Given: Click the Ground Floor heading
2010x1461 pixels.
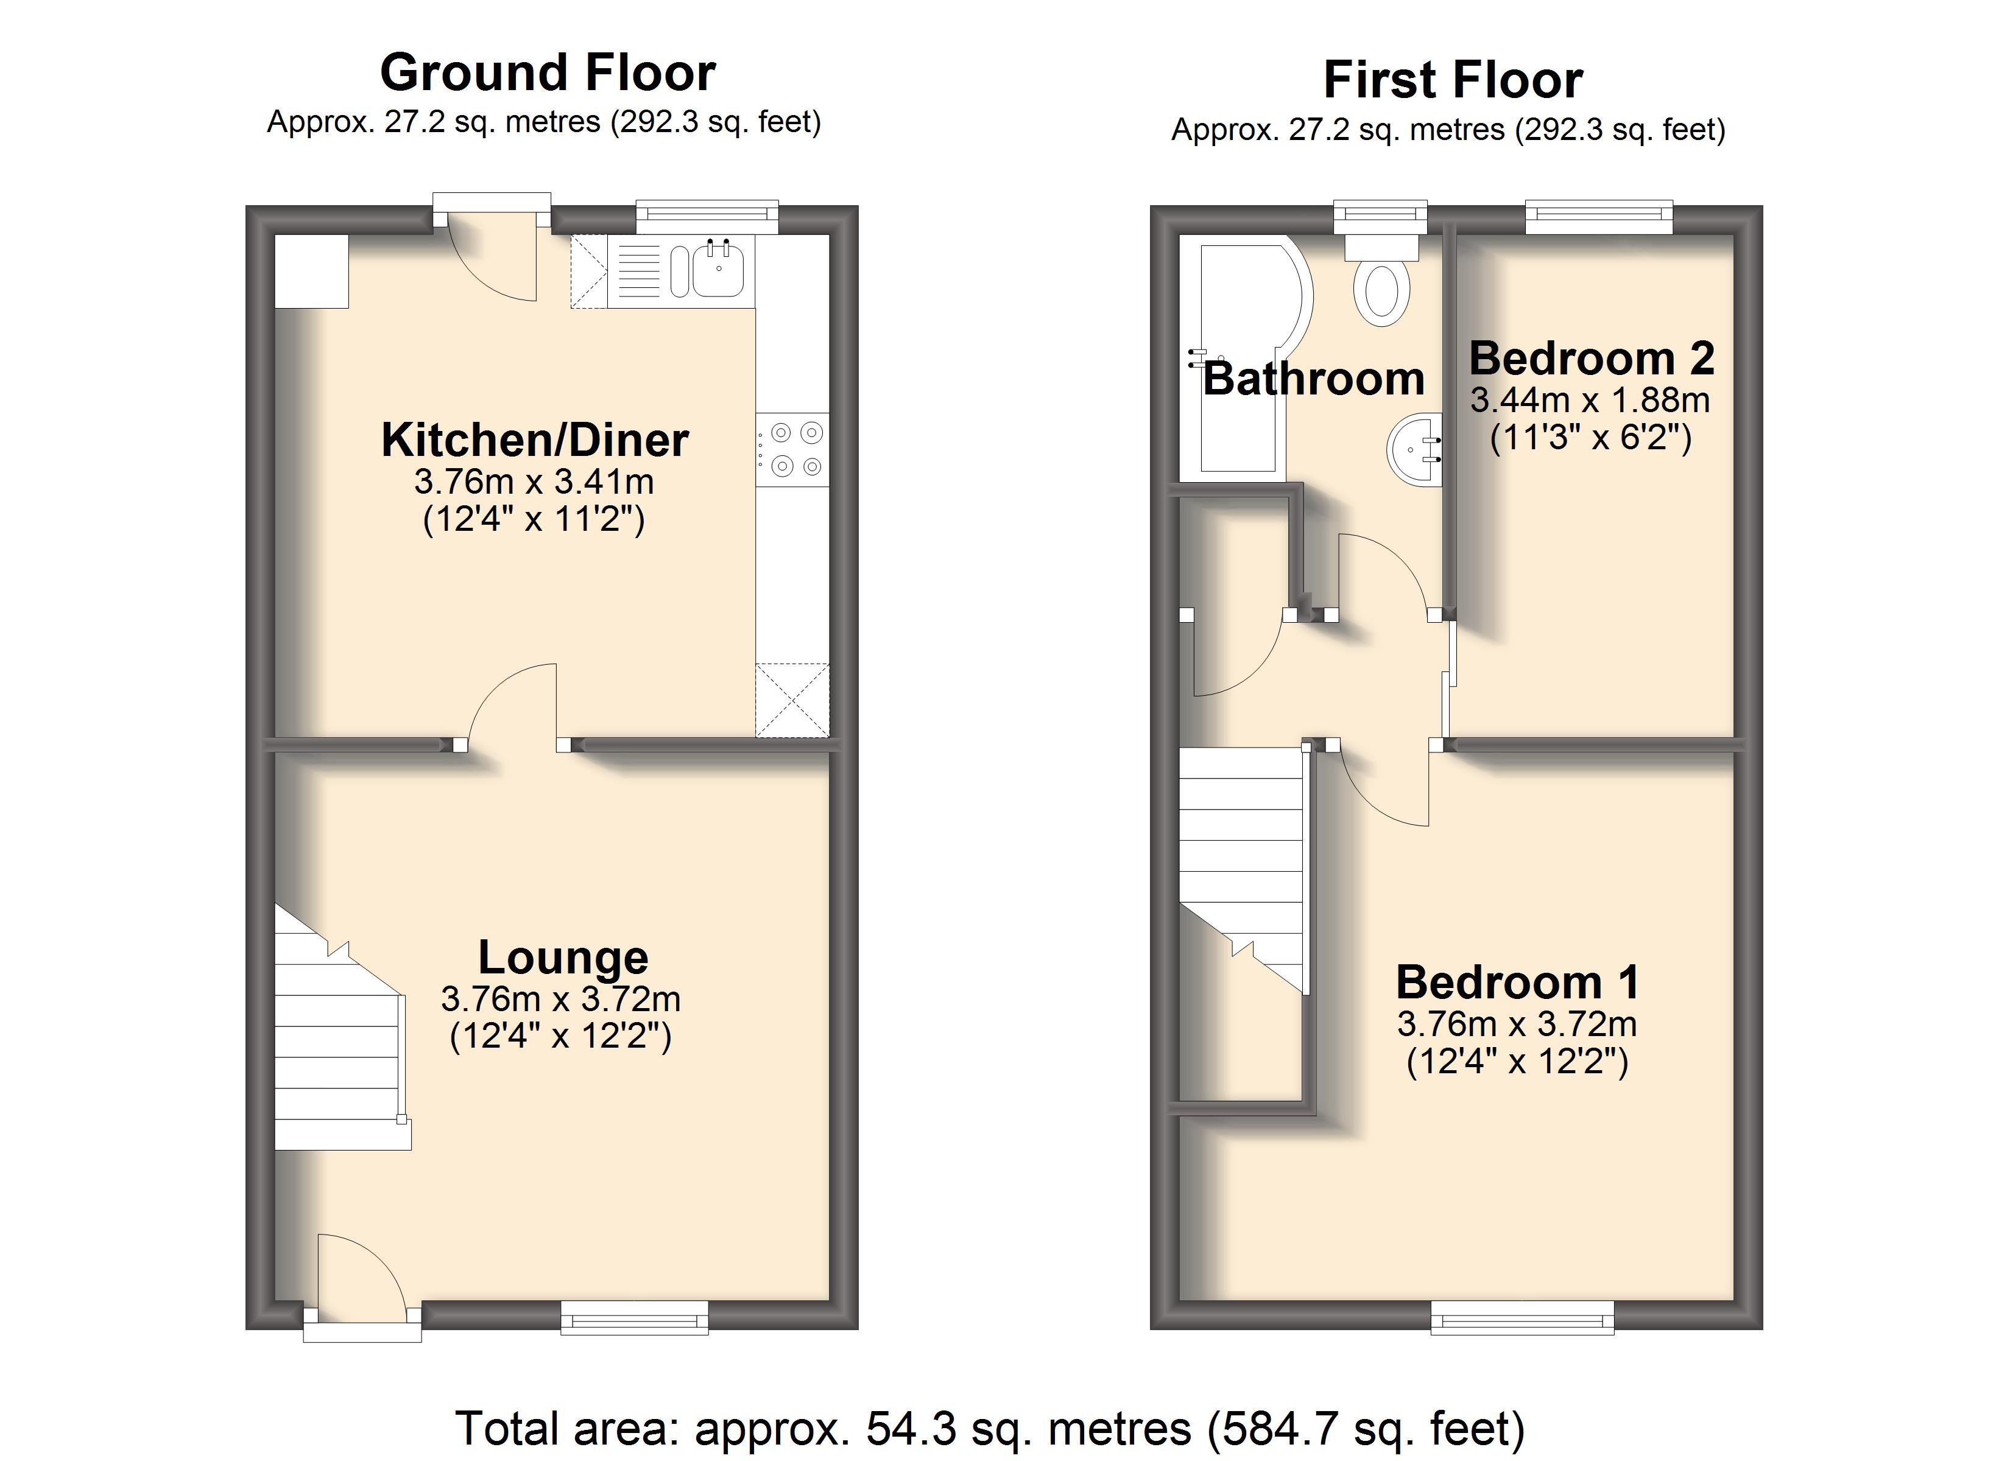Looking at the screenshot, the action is (548, 72).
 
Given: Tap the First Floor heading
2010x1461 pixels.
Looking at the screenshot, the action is (1453, 80).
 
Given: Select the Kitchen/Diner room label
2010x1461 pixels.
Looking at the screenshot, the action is (535, 440).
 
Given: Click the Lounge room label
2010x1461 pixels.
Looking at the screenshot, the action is (563, 957).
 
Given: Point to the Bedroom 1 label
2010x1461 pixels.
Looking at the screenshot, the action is (1518, 982).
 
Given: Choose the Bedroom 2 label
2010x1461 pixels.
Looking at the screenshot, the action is (1592, 358).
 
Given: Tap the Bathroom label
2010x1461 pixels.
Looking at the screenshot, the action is (1313, 379).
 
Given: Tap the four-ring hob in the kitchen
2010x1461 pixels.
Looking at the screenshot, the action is (792, 449).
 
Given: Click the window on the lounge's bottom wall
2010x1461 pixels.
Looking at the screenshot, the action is (635, 1317).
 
